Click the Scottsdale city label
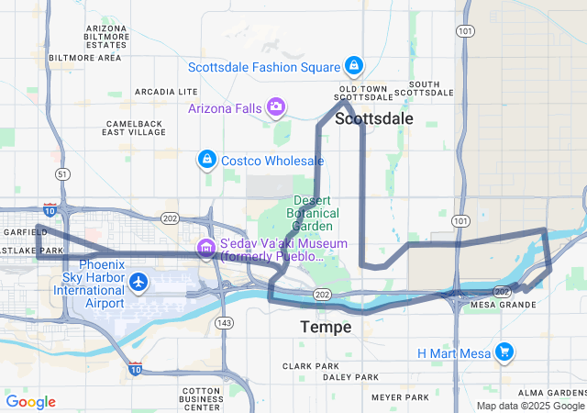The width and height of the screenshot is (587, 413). click(x=373, y=118)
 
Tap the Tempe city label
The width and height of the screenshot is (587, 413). click(x=326, y=327)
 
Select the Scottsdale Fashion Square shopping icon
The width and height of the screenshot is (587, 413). click(x=353, y=66)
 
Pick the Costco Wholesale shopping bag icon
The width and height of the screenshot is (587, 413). click(x=207, y=161)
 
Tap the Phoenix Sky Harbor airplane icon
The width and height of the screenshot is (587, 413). click(x=138, y=282)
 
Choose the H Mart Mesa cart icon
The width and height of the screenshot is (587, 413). click(x=503, y=352)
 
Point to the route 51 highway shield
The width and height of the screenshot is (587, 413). click(x=61, y=173)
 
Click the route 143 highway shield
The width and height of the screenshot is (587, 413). click(x=225, y=322)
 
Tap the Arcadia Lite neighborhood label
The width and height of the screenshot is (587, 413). click(x=166, y=92)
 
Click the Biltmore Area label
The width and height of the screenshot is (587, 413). click(x=84, y=57)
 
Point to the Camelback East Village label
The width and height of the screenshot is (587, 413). click(x=135, y=128)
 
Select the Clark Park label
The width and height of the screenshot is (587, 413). click(x=311, y=365)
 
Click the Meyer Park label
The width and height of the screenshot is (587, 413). click(x=400, y=397)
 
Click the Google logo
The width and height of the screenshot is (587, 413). click(x=30, y=401)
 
